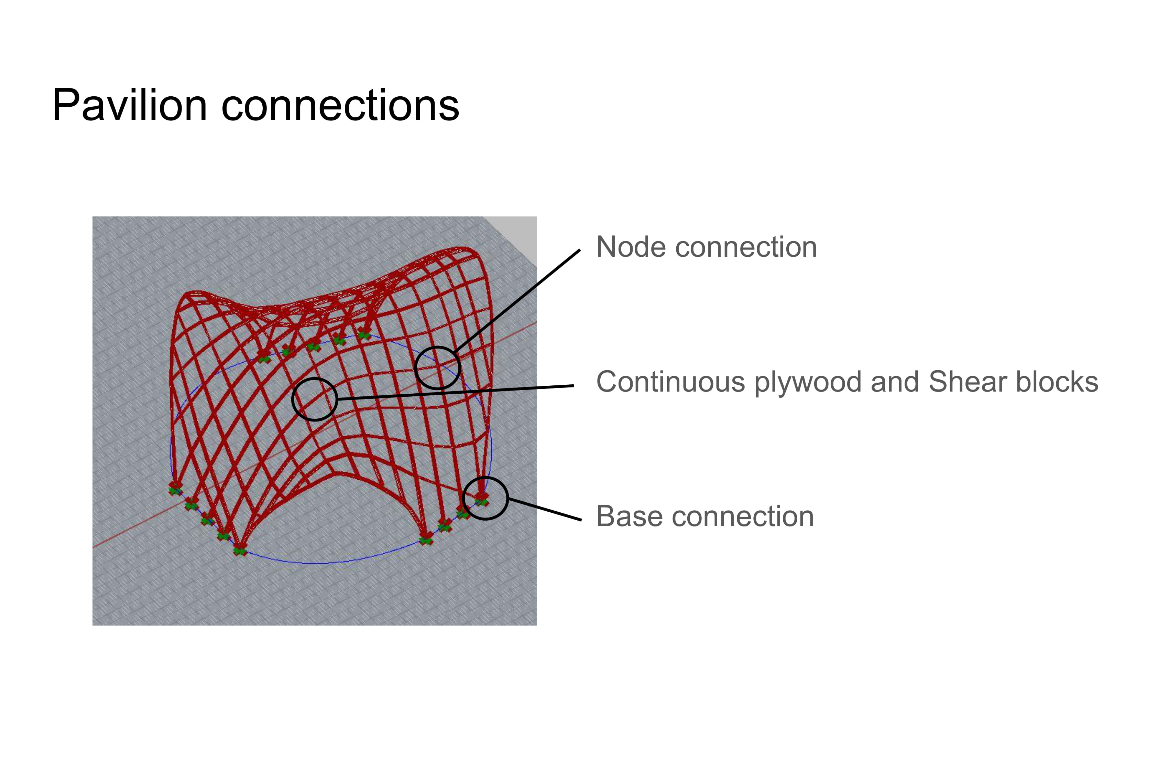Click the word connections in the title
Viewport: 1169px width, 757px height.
tap(340, 105)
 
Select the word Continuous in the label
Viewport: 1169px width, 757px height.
tap(670, 382)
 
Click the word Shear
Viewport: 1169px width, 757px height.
tap(967, 382)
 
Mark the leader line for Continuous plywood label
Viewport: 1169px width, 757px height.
tap(457, 392)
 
